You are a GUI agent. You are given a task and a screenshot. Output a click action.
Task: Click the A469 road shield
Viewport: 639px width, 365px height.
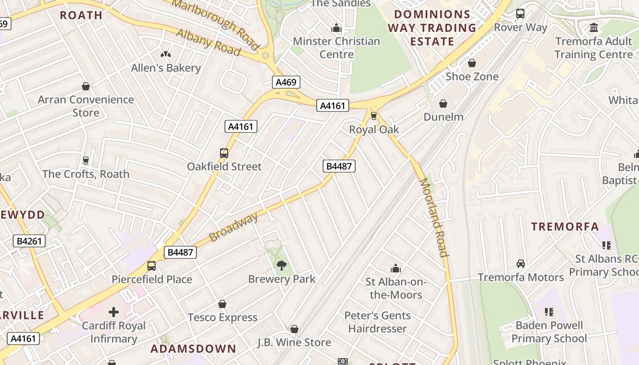286,83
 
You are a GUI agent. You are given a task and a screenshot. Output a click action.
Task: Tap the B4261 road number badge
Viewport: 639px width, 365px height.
29,241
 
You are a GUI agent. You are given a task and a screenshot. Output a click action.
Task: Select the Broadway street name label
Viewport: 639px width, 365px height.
233,228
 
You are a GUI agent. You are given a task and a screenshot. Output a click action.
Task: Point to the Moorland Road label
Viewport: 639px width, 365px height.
433,217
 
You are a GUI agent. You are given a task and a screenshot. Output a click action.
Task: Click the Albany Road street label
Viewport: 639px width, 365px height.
208,42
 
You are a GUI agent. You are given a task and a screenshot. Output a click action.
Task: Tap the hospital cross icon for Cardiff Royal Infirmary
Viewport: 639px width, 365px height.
114,312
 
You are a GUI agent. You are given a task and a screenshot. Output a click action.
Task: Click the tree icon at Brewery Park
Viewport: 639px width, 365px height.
282,265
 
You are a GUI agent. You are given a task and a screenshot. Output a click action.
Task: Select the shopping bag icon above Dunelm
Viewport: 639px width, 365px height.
443,104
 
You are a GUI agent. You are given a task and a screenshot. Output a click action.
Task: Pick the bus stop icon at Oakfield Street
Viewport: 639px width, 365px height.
224,153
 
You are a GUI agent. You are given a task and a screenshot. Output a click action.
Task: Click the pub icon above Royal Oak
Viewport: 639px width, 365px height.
374,116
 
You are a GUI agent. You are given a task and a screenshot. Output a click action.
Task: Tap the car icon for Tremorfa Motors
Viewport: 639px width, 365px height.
520,264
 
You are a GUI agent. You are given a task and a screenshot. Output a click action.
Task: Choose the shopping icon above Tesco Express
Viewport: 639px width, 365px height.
222,304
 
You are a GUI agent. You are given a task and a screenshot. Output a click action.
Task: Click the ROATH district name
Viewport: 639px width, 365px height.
81,15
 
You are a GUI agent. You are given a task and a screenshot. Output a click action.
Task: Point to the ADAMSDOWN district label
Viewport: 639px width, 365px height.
194,349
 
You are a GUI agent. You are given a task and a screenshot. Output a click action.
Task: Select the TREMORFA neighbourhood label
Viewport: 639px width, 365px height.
565,227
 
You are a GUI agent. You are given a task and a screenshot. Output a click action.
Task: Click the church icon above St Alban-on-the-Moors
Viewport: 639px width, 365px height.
396,268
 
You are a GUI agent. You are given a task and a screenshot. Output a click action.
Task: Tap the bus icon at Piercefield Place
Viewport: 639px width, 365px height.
152,266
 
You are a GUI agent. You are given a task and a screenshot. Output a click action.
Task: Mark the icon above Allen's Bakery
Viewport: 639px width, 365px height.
166,54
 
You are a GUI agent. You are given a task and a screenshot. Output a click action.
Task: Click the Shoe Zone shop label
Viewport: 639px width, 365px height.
472,76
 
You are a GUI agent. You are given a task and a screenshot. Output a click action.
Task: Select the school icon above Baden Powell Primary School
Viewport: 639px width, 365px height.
549,312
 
